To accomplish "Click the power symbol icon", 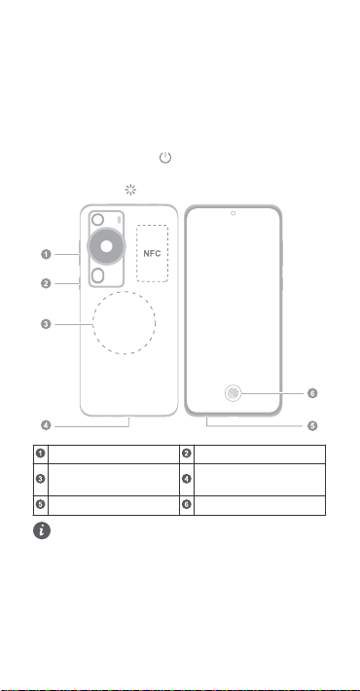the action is [165, 158].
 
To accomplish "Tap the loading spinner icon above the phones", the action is [130, 190].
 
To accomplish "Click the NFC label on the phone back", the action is [152, 253].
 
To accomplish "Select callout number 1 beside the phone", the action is [47, 254].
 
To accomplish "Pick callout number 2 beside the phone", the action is [47, 283].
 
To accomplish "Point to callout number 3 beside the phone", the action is [47, 324].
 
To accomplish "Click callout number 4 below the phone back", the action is [47, 425].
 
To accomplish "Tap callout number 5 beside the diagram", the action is [312, 426].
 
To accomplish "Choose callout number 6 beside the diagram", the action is [312, 393].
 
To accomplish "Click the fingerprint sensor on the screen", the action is [234, 393].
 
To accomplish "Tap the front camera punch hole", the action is [234, 213].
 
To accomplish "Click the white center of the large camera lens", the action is [107, 246].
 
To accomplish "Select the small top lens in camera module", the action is [98, 219].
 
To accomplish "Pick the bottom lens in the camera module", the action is [98, 275].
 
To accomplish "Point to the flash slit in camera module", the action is [119, 219].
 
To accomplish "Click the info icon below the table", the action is [42, 530].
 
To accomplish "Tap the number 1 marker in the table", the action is [40, 453].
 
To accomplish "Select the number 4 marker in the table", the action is [187, 479].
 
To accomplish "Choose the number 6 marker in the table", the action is [187, 504].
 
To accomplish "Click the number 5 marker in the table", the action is [40, 504].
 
